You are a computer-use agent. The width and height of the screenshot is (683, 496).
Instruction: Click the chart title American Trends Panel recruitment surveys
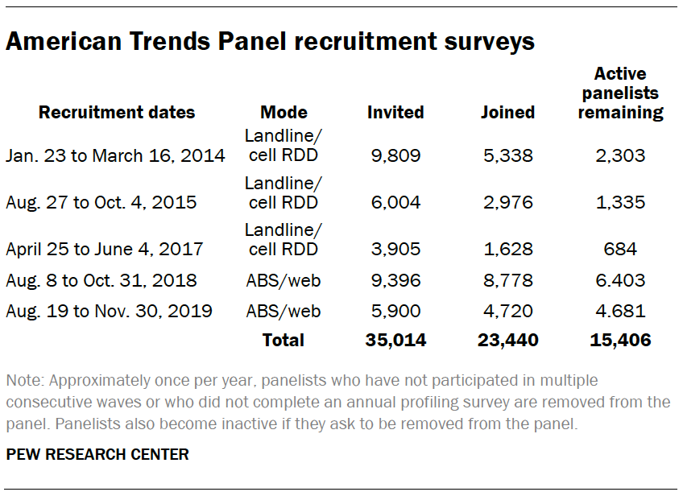pyautogui.click(x=270, y=41)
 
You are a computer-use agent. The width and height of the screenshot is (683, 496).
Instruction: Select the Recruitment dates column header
pyautogui.click(x=117, y=112)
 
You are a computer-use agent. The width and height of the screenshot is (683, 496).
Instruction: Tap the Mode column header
pyautogui.click(x=284, y=112)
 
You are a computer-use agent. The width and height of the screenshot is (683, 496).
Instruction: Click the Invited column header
pyautogui.click(x=395, y=112)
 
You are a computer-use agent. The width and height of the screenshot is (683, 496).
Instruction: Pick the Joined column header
pyautogui.click(x=507, y=112)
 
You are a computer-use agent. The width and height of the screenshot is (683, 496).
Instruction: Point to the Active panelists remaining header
pyautogui.click(x=620, y=93)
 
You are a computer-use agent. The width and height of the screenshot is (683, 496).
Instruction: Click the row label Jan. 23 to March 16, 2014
pyautogui.click(x=115, y=155)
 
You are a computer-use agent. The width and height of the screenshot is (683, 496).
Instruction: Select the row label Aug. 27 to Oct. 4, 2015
pyautogui.click(x=101, y=202)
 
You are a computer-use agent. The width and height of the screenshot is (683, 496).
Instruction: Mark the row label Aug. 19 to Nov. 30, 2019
pyautogui.click(x=109, y=310)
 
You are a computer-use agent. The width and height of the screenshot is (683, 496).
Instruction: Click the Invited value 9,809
pyautogui.click(x=395, y=155)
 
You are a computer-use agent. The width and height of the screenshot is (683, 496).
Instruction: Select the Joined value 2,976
pyautogui.click(x=507, y=202)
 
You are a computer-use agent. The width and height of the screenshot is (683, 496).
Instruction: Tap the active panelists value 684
pyautogui.click(x=619, y=249)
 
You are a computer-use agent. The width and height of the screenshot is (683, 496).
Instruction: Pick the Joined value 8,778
pyautogui.click(x=507, y=281)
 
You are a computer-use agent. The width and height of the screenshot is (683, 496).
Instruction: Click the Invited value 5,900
pyautogui.click(x=395, y=310)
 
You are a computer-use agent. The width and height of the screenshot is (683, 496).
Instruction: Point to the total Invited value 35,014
pyautogui.click(x=395, y=340)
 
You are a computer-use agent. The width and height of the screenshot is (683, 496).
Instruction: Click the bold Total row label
pyautogui.click(x=284, y=340)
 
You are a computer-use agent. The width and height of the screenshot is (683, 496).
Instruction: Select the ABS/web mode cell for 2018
pyautogui.click(x=284, y=281)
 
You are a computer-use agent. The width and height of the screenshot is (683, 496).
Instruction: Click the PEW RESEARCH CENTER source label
pyautogui.click(x=97, y=455)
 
